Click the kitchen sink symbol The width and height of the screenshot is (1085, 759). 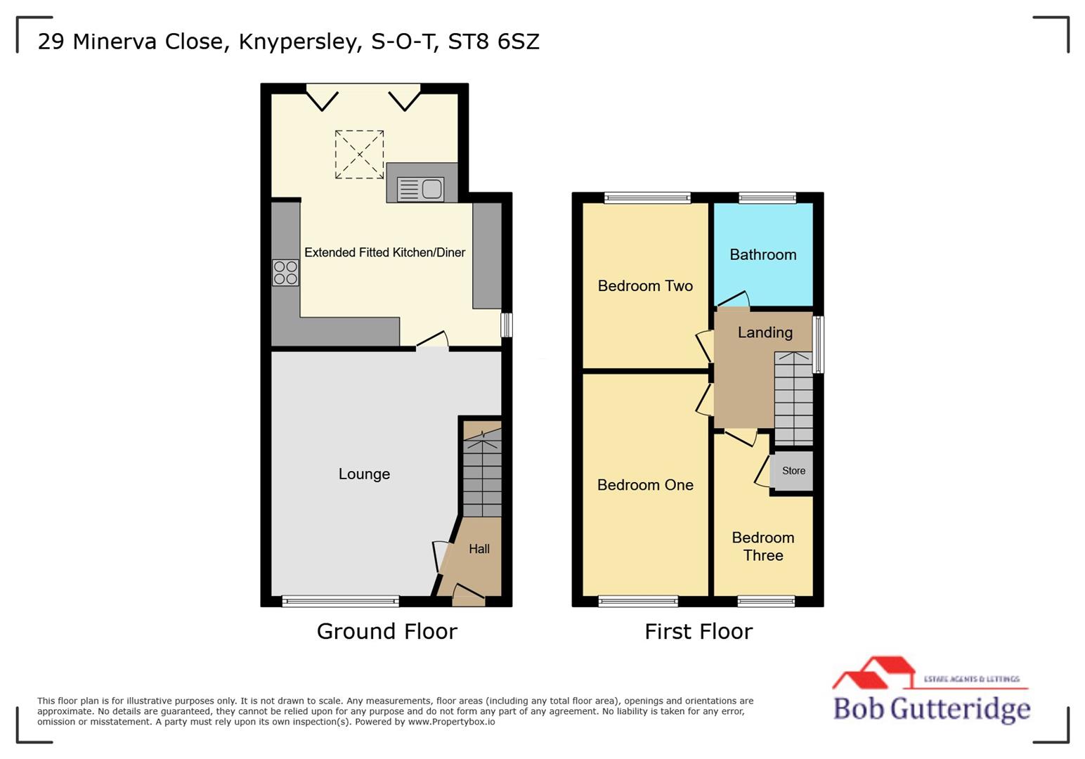(x=421, y=189)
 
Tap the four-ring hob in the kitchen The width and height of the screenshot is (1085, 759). (x=285, y=273)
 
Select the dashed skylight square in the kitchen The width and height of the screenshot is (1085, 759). (x=359, y=154)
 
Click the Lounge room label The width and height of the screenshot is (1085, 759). (x=364, y=474)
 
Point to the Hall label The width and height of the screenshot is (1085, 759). (x=479, y=549)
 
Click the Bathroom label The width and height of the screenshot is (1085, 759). (x=762, y=255)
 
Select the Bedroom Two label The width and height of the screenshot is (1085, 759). (x=645, y=286)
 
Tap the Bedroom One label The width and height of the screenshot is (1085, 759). (x=645, y=485)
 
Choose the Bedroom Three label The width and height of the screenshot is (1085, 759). (x=762, y=546)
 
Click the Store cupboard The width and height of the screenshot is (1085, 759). (x=793, y=471)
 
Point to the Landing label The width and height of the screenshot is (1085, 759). (x=765, y=332)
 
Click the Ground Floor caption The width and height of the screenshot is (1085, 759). (x=386, y=631)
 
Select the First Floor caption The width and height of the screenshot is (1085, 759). (x=698, y=631)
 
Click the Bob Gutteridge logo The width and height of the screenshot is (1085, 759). (x=931, y=692)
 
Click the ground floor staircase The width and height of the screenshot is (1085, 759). (x=482, y=474)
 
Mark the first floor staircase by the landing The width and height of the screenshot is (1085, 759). (x=793, y=398)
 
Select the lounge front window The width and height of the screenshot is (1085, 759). (x=341, y=601)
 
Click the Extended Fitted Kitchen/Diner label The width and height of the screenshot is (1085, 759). (x=384, y=253)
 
